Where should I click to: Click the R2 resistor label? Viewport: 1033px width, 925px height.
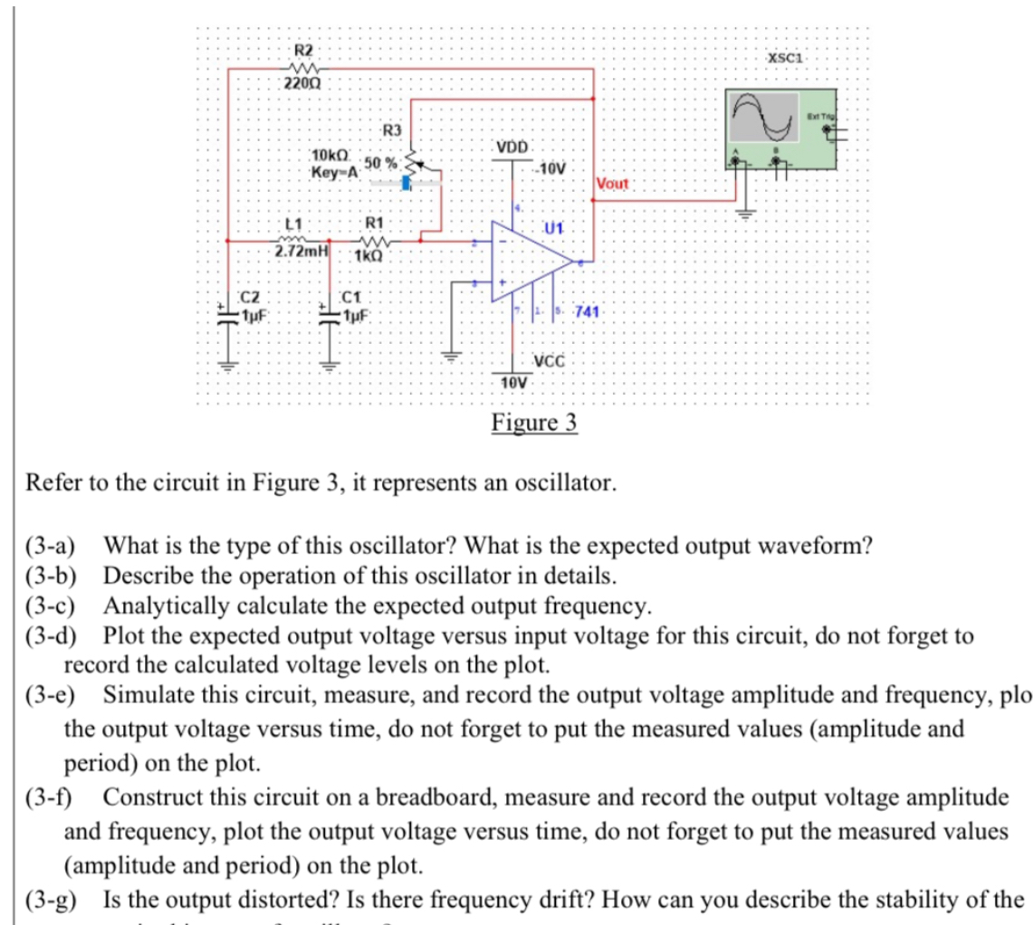[305, 50]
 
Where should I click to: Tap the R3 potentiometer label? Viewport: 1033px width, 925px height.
[391, 130]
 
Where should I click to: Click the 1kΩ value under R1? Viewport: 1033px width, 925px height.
[372, 256]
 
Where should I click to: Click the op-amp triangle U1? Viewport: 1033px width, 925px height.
[525, 260]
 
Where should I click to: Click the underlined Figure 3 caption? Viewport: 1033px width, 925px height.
[534, 424]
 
